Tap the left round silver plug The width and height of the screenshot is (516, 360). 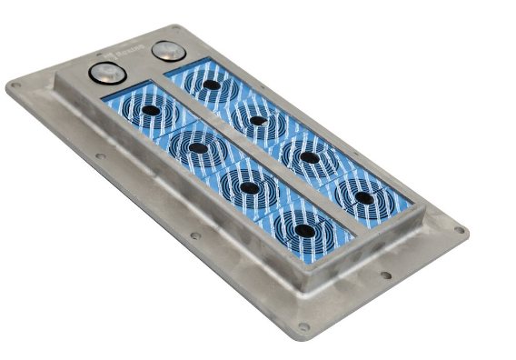click(x=104, y=73)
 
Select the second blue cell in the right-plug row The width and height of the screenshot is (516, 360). click(x=259, y=119)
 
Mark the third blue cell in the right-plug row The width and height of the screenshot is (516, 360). click(x=310, y=157)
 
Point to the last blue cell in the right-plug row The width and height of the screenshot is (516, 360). click(x=363, y=197)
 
